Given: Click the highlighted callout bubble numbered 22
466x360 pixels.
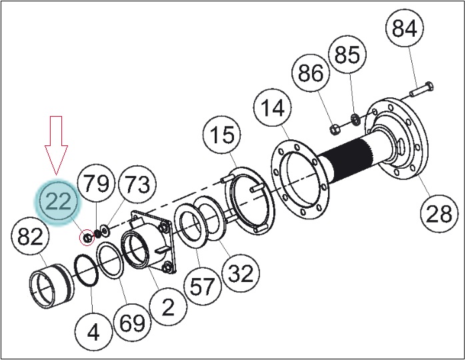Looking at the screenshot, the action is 58,201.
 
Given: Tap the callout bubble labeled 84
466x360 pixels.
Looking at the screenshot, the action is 404,29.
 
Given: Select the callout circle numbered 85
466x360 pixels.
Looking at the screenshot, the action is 347,55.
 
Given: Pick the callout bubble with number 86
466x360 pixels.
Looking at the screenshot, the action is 310,73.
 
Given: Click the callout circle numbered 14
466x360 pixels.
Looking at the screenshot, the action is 273,108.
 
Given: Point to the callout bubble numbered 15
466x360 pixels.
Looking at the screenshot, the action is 222,135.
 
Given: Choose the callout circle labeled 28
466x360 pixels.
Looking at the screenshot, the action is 439,213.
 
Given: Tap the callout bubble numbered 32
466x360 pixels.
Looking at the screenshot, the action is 241,273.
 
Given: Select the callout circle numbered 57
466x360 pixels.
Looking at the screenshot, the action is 203,286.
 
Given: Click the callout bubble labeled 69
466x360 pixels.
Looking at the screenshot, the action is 133,322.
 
